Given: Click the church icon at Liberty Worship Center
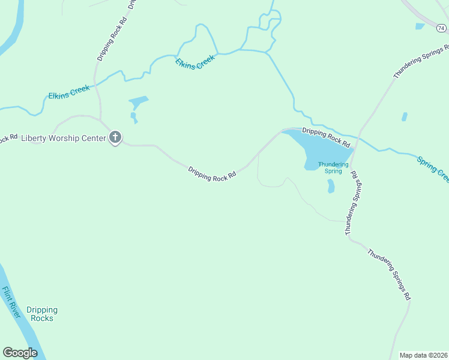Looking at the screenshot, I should point(115,137).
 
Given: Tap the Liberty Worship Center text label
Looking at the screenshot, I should point(63,138).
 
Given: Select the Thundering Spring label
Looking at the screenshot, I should point(333,167).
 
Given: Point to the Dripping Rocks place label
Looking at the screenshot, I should point(42,314).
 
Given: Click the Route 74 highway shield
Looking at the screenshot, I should point(441,28).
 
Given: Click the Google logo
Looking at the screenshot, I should point(20,352).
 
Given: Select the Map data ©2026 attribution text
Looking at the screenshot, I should point(424,355).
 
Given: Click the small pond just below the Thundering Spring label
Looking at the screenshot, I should point(331,187).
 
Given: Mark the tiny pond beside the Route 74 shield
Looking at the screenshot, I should point(420,26).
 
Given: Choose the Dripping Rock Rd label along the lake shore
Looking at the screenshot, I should point(326,137).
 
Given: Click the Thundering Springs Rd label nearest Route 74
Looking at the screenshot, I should point(421,61).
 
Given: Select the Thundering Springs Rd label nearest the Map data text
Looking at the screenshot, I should point(390,274).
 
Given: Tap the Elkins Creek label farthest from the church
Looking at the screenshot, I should point(194,63).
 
